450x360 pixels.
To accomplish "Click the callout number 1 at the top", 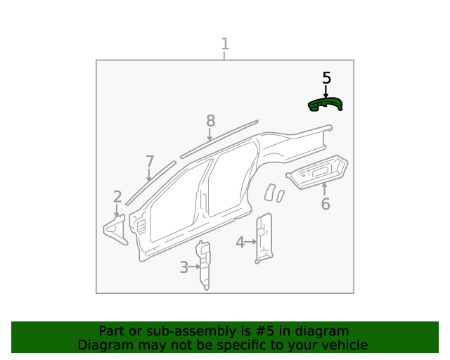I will (x=225, y=44).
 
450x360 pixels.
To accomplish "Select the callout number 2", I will (x=117, y=197).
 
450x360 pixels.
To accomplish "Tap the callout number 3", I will (x=183, y=267).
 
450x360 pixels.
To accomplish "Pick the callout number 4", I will (x=239, y=242).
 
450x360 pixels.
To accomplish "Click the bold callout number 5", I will (x=326, y=77).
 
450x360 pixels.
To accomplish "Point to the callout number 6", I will (x=325, y=205).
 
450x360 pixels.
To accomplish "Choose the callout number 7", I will (x=149, y=162).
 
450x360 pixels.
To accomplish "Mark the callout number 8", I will (x=210, y=121).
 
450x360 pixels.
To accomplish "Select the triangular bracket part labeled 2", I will (x=116, y=229).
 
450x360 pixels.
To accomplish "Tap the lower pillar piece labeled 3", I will (x=204, y=264).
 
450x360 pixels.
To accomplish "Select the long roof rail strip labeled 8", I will (x=219, y=139).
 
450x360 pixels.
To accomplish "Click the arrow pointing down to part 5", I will (x=326, y=91).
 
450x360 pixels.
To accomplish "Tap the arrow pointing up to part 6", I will (x=324, y=188).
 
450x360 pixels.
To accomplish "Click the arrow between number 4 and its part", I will (x=250, y=242).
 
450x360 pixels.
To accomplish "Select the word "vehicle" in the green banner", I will (x=345, y=345).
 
